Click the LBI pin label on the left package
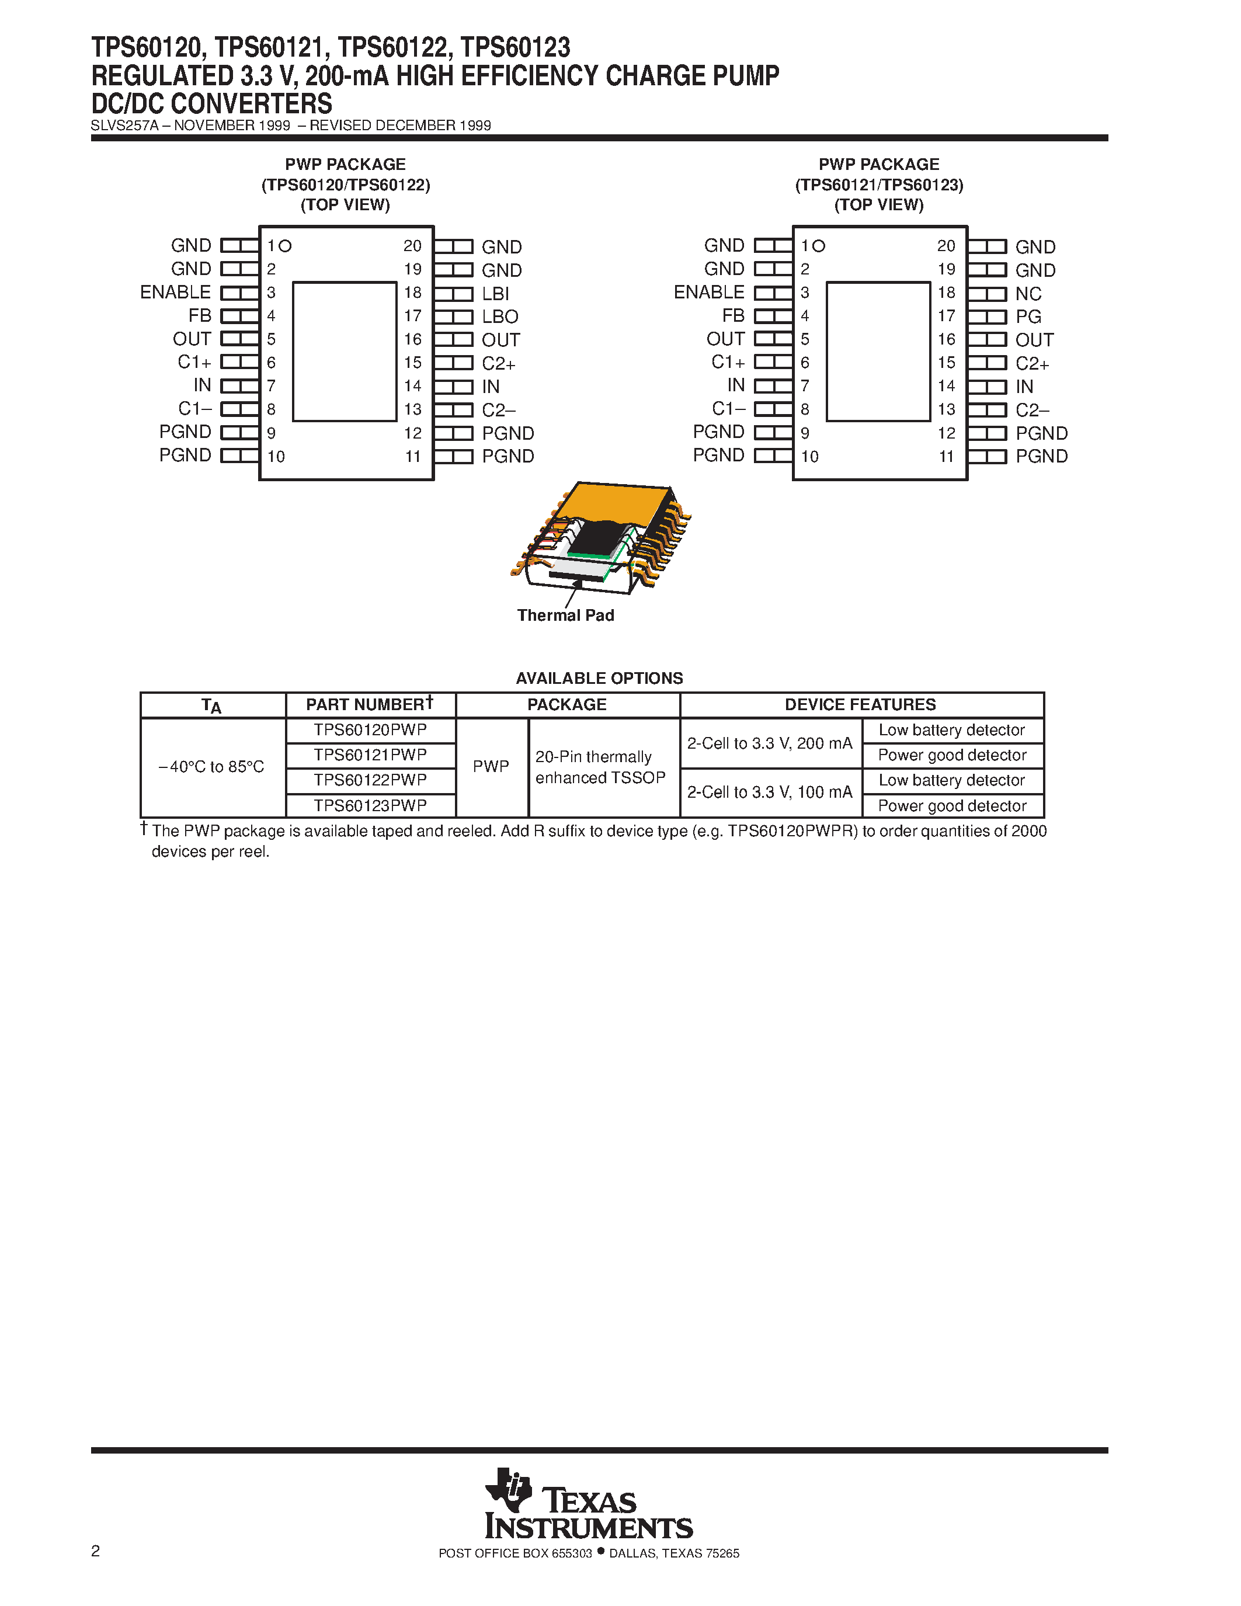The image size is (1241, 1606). (x=495, y=293)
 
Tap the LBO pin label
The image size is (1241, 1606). (x=500, y=317)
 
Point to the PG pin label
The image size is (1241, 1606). (x=1028, y=317)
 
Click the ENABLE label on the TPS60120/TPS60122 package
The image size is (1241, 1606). (x=176, y=293)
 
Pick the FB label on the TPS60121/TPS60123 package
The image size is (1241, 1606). (x=733, y=315)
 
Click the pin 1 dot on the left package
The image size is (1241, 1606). (x=285, y=246)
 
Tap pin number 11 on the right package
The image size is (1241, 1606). (x=945, y=457)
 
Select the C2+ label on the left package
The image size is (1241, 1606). (x=499, y=363)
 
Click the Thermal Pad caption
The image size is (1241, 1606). (x=565, y=616)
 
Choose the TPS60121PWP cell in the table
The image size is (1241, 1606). (x=370, y=755)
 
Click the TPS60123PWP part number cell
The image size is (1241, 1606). (x=370, y=805)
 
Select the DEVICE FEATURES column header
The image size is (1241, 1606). (x=860, y=704)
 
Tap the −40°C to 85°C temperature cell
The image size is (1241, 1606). (x=212, y=767)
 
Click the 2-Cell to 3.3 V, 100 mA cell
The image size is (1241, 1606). (x=770, y=792)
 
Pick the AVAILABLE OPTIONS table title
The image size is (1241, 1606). (x=599, y=678)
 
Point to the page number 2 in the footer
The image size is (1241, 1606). (x=96, y=1551)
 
